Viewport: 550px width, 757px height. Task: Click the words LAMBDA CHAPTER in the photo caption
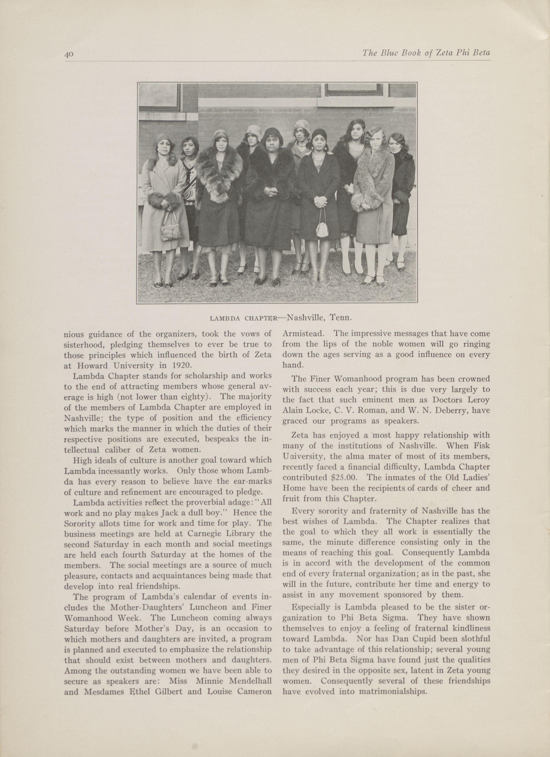pyautogui.click(x=243, y=318)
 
